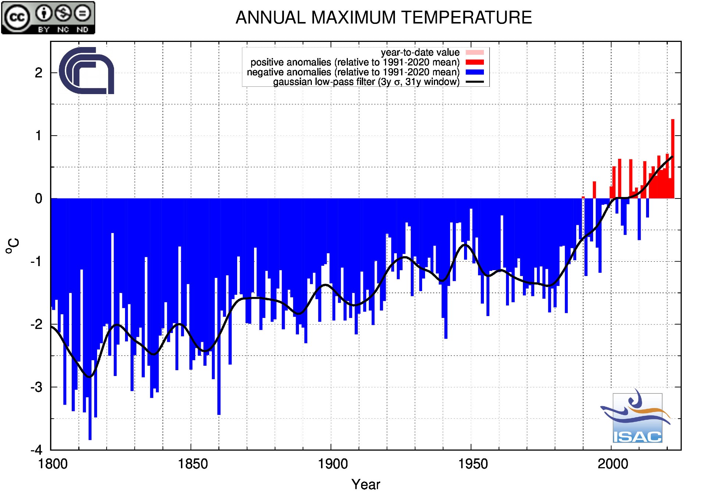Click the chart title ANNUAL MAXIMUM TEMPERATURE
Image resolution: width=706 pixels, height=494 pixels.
click(x=384, y=18)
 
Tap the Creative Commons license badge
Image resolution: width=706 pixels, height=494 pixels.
click(x=48, y=18)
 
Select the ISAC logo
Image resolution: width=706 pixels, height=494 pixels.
click(x=637, y=417)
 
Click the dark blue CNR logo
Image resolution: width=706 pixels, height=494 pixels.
click(x=87, y=71)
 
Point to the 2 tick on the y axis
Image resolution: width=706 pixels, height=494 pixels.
click(x=39, y=73)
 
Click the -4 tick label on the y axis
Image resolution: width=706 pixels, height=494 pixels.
click(x=36, y=450)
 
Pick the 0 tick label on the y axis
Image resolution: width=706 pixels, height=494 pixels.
click(x=39, y=199)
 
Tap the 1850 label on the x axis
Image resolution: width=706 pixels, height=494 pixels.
click(x=193, y=464)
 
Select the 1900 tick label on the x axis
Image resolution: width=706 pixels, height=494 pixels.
click(x=333, y=464)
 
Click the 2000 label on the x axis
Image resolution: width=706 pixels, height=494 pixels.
click(x=613, y=464)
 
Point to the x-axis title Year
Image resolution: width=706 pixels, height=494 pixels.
click(x=366, y=484)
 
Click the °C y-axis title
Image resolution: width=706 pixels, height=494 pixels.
click(x=13, y=246)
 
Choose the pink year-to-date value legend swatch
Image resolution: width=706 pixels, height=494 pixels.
click(x=475, y=53)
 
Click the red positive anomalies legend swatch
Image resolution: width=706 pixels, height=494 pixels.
click(x=475, y=62)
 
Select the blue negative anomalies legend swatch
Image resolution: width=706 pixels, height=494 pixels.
click(x=475, y=72)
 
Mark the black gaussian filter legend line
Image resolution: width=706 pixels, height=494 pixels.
click(x=475, y=82)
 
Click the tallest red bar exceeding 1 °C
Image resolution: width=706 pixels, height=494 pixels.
click(x=673, y=158)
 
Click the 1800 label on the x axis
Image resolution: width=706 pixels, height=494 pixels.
click(x=53, y=464)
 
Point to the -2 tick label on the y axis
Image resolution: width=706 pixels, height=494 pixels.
click(x=36, y=325)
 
